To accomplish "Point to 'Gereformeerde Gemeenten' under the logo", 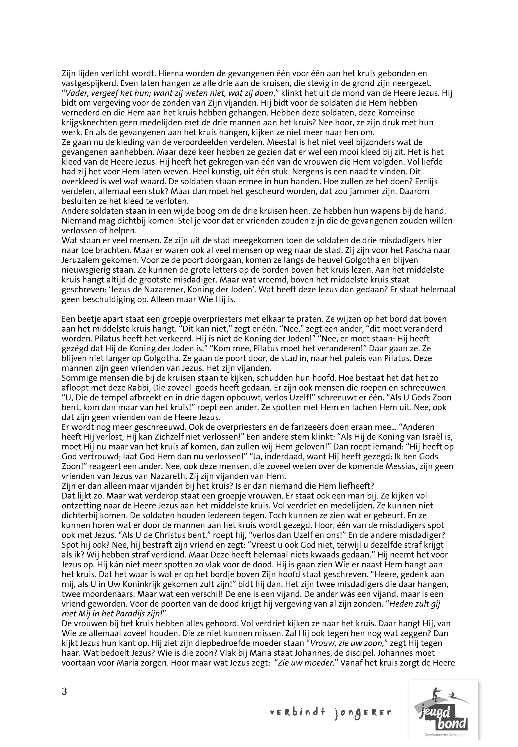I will [x=443, y=734].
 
